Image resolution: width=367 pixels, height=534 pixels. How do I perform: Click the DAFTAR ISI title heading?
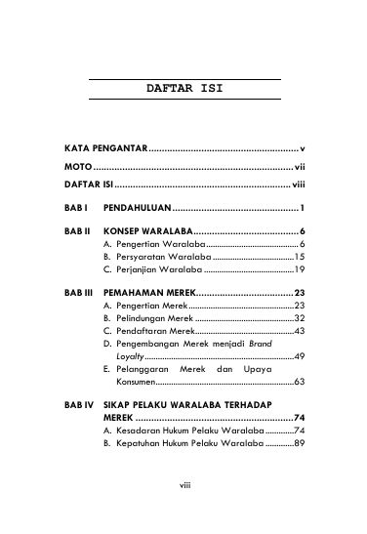click(183, 89)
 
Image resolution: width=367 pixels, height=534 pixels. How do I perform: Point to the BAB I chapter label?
click(77, 208)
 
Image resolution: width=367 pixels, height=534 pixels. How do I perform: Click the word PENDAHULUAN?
click(137, 208)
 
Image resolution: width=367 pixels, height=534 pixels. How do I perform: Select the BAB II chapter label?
click(78, 230)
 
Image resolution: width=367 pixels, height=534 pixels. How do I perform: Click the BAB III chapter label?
click(79, 293)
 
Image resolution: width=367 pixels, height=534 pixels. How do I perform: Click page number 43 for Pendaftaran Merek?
click(301, 331)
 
